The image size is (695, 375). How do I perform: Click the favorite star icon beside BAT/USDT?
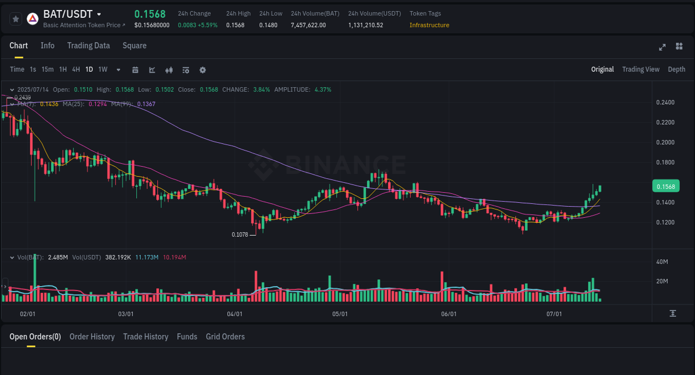click(16, 19)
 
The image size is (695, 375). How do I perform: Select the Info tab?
click(47, 46)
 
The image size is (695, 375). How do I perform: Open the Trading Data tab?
click(88, 46)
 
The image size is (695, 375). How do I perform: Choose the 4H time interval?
click(76, 69)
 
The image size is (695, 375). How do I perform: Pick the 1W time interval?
click(103, 69)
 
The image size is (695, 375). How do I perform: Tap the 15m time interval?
click(48, 69)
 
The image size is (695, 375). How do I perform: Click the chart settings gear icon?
click(202, 70)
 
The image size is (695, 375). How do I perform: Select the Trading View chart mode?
click(641, 69)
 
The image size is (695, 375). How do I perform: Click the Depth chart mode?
click(676, 69)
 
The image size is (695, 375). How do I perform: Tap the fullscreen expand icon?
click(662, 47)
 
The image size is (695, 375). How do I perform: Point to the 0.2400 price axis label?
click(665, 102)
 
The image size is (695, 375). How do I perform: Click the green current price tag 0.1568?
click(665, 187)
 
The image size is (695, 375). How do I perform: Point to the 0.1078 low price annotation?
click(240, 234)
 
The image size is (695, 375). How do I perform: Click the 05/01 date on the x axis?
click(340, 314)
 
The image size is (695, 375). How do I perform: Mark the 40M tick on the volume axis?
click(662, 262)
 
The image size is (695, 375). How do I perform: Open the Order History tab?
click(92, 337)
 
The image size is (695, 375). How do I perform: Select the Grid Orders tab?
click(225, 337)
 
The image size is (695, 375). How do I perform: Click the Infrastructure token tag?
click(429, 25)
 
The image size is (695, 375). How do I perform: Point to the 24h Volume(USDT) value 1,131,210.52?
click(365, 25)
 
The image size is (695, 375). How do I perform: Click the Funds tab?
click(187, 337)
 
